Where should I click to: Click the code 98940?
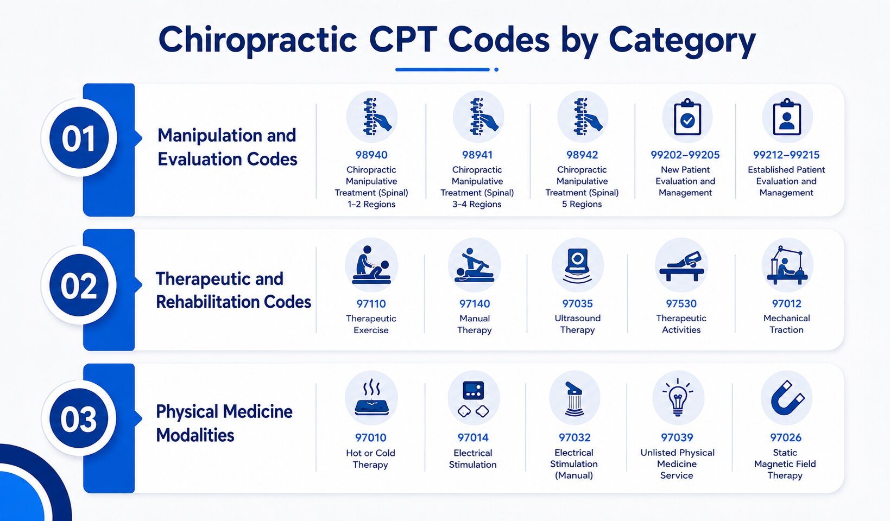(371, 155)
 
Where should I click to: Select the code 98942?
(582, 155)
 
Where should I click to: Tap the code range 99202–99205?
(685, 155)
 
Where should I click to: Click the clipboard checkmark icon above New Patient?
(687, 118)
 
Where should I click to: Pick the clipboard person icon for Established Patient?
(787, 118)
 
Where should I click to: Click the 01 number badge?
(79, 138)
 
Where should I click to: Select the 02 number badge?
(79, 285)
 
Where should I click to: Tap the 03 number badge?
(79, 418)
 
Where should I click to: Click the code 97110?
(371, 304)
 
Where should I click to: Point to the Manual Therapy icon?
(474, 265)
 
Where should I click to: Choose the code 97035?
(577, 304)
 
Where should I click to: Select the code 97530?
(681, 304)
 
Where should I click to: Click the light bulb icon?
(678, 397)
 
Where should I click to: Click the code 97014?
(473, 437)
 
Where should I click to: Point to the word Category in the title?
(682, 41)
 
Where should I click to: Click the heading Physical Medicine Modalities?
(224, 423)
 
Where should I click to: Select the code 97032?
(575, 437)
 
